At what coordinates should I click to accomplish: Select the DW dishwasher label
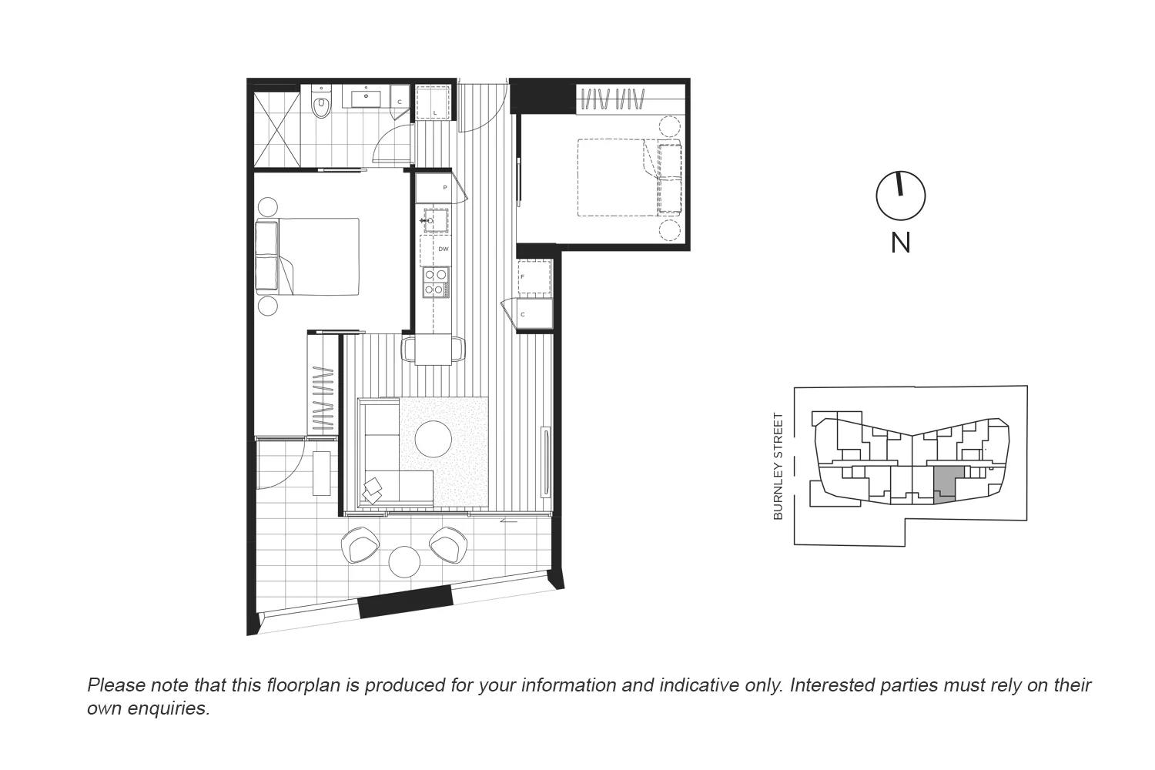(x=443, y=249)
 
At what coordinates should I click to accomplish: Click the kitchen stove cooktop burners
(x=435, y=282)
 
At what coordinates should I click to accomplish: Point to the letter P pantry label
(x=444, y=188)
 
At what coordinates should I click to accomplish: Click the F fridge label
(x=523, y=276)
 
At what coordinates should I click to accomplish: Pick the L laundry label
(x=435, y=112)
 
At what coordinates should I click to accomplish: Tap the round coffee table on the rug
(x=434, y=439)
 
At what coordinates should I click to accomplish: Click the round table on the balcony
(x=404, y=561)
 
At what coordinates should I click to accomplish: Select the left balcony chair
(x=360, y=544)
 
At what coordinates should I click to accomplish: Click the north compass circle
(x=900, y=196)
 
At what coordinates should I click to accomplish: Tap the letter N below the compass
(x=900, y=243)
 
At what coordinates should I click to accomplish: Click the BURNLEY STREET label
(x=778, y=466)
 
